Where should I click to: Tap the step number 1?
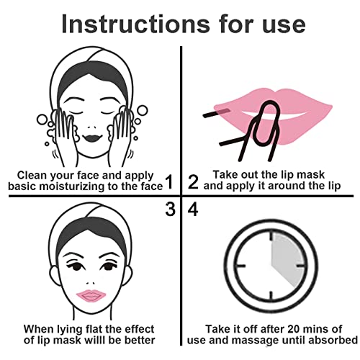tap(169, 181)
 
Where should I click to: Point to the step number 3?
tap(169, 210)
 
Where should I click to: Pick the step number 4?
tap(193, 210)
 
